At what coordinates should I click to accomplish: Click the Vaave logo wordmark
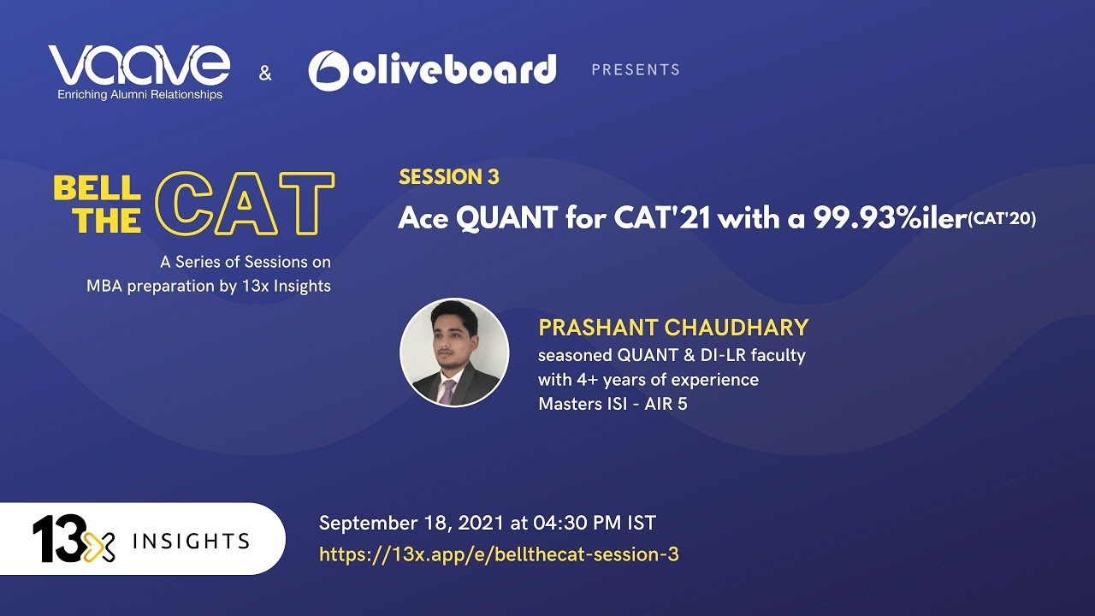point(139,65)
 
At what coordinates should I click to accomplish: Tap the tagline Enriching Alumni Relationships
point(139,94)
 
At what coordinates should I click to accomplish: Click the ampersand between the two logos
point(265,74)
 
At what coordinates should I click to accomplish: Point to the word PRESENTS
point(636,70)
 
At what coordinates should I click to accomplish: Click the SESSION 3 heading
point(449,177)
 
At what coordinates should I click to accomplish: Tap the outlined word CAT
point(245,204)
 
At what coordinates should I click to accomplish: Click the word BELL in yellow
point(97,188)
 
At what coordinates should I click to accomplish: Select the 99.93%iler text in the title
point(891,218)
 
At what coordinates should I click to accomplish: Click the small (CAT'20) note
point(1002,218)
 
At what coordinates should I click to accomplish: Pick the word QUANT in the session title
point(507,218)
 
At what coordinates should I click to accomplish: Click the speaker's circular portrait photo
point(454,352)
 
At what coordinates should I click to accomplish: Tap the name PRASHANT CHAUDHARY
point(673,328)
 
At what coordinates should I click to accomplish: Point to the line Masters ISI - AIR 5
point(613,404)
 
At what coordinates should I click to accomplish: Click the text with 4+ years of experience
point(648,379)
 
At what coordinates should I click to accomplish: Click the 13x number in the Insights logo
point(74,539)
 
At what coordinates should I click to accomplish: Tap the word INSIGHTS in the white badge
point(191,542)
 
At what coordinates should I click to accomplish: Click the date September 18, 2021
point(411,523)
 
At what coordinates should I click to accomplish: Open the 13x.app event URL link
point(499,554)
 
